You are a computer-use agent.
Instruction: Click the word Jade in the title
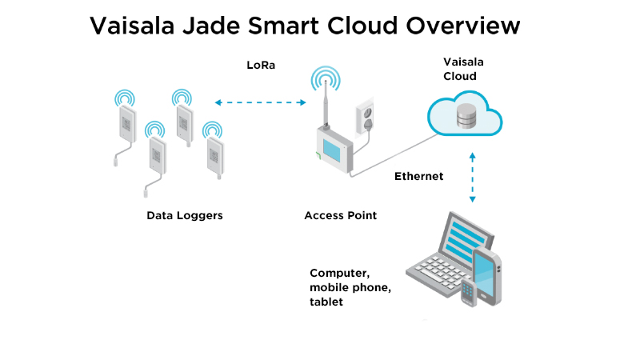coord(210,26)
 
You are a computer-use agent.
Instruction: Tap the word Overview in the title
coord(463,26)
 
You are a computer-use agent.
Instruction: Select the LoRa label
coord(261,66)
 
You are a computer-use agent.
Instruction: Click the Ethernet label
coord(418,176)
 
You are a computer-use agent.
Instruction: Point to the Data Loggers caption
coord(185,216)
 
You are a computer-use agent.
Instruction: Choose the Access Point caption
coord(341,215)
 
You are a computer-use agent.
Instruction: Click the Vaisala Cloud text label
coord(464,69)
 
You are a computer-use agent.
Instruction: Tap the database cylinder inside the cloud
coord(466,116)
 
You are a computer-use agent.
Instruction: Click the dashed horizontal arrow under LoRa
coord(261,102)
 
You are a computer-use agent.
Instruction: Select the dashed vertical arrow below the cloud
coord(472,177)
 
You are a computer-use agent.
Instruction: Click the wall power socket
coord(365,116)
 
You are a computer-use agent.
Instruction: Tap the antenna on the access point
coord(326,104)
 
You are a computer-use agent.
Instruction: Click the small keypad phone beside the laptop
coord(469,293)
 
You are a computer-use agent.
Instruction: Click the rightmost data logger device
coord(214,156)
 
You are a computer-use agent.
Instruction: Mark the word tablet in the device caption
coord(326,302)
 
